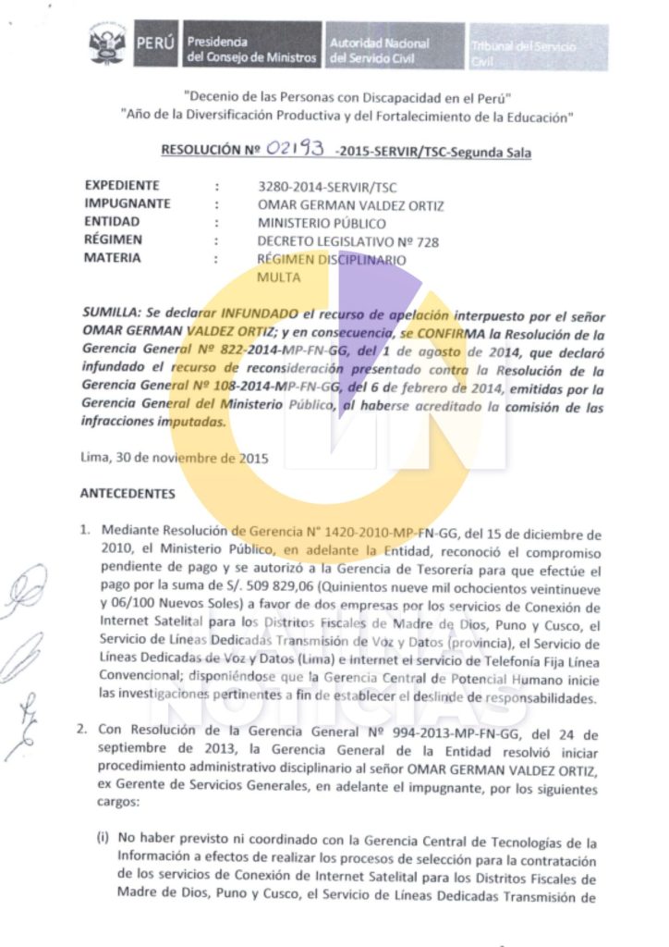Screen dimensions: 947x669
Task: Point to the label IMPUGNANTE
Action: point(128,204)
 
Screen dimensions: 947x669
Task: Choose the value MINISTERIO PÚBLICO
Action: point(322,223)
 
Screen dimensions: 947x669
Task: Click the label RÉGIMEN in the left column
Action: point(113,240)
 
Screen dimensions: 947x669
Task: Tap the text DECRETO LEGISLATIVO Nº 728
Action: point(348,241)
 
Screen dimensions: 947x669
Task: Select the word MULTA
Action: point(278,277)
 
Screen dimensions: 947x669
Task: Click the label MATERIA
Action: point(113,259)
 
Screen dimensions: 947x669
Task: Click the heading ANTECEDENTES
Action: point(128,494)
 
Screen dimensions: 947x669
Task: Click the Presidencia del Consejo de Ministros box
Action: point(250,47)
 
